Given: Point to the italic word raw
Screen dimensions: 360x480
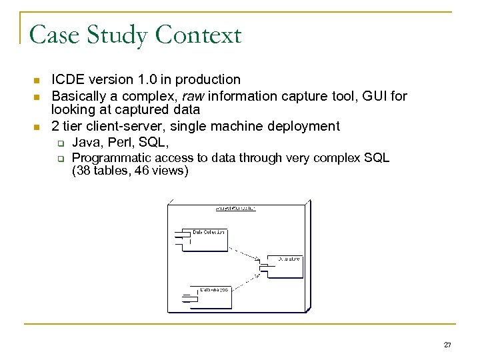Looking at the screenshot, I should [x=187, y=97].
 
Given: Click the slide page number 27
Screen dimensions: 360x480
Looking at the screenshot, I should [x=447, y=345].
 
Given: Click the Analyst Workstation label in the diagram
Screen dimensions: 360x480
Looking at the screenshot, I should [x=235, y=209].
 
